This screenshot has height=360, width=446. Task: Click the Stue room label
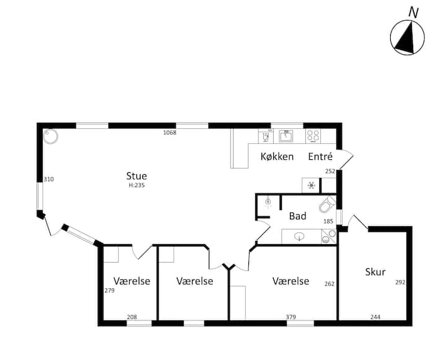coord(136,176)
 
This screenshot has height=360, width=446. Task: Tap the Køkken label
coord(277,157)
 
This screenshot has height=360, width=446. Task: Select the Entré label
coord(320,157)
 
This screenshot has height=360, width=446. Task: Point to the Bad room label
coord(297,216)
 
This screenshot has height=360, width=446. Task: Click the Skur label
coord(375,272)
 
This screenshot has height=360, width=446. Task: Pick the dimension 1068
coord(170,133)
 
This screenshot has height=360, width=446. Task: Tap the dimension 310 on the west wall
coord(49,179)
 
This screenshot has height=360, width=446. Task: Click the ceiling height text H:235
coord(137,185)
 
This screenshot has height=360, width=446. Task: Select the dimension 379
coord(291,317)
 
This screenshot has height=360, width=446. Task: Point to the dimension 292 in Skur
coord(400,283)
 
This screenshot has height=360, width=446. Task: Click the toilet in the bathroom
coord(328,204)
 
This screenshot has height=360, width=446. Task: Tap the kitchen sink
coord(286,136)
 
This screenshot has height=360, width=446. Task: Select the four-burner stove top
coord(313,136)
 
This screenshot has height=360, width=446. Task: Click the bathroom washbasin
coord(299,236)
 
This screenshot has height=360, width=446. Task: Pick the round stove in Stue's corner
coord(51,136)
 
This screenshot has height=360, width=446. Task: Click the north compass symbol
coord(408,37)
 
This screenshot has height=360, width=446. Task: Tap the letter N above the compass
coord(414,13)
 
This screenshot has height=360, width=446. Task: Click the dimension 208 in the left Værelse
coord(132,317)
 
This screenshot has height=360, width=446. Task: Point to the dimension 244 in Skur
coord(375,317)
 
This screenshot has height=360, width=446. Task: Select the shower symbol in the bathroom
coord(268,202)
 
